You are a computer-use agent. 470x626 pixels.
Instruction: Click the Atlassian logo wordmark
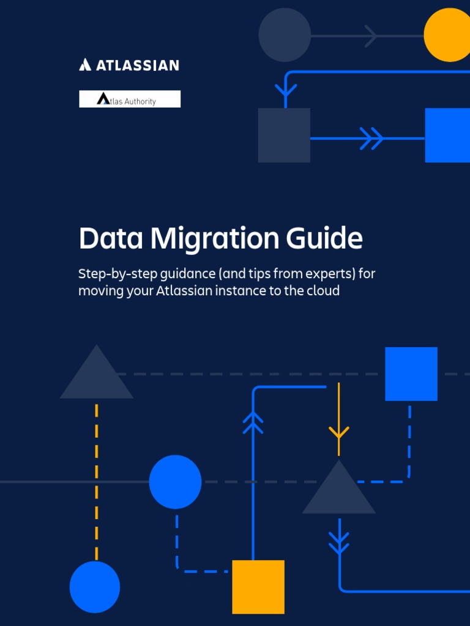[129, 65]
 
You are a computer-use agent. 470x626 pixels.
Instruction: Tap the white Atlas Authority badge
[130, 99]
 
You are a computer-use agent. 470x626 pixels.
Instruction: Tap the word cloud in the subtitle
[323, 290]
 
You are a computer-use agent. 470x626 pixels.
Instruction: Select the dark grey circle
[285, 35]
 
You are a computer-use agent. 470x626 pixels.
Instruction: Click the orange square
[258, 586]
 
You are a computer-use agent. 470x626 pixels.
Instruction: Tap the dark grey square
[284, 135]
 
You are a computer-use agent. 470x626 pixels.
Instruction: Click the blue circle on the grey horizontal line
[175, 482]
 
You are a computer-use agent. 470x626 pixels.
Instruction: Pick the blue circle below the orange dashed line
[95, 587]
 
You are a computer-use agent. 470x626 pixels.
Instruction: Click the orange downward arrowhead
[338, 432]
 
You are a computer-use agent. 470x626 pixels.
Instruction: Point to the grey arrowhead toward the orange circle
[371, 35]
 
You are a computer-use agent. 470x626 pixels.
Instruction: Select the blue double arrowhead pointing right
[371, 138]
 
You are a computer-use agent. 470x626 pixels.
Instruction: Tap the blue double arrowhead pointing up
[253, 422]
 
